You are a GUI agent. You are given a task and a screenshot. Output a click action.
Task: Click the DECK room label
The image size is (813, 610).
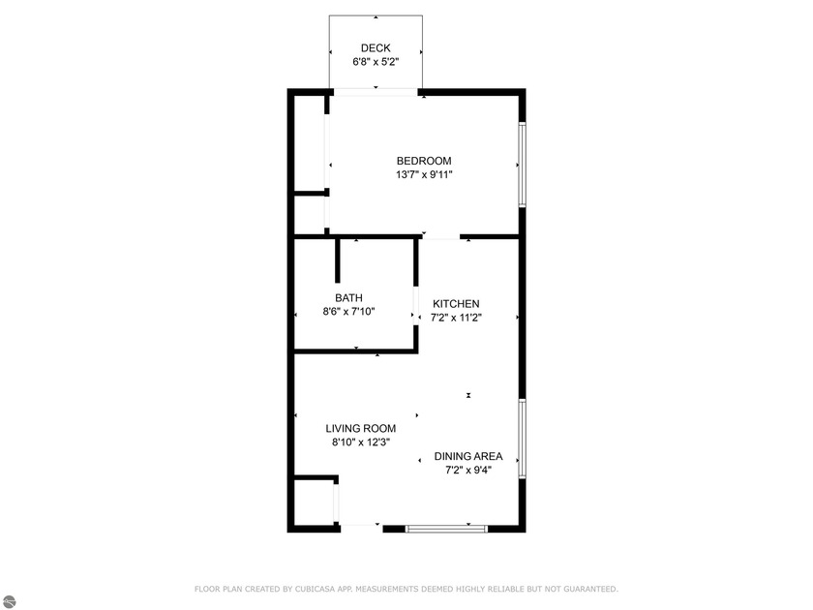click(376, 48)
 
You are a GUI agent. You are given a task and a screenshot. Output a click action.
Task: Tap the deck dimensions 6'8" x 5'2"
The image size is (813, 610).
click(376, 62)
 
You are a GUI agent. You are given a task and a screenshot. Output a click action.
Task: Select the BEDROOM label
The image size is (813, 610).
click(424, 161)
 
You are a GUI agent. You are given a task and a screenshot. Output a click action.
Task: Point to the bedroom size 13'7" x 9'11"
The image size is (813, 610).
click(424, 175)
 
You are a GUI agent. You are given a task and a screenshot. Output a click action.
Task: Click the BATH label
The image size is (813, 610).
click(348, 298)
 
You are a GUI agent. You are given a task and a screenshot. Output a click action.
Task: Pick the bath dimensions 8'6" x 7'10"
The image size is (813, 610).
click(348, 312)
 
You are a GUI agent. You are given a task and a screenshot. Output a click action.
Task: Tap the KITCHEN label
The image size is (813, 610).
click(456, 304)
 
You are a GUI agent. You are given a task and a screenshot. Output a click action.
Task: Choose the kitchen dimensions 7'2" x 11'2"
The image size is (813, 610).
click(456, 318)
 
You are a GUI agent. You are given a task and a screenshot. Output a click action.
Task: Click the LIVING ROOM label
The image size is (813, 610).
click(360, 428)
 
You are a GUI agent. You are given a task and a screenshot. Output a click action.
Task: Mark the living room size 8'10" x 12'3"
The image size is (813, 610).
click(360, 442)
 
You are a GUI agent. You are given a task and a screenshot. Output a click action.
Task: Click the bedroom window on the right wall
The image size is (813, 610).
click(522, 165)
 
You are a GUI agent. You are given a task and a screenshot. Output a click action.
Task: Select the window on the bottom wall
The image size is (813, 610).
click(445, 528)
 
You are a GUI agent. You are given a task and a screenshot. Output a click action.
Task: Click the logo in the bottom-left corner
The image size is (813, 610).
click(8, 601)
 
